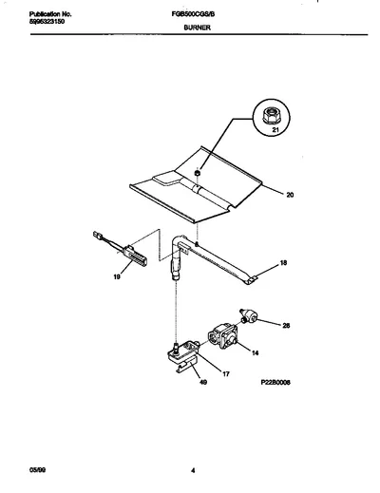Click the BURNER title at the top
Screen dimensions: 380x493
[x=197, y=28]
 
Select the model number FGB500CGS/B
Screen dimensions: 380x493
[x=193, y=14]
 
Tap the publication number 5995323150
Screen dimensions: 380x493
[x=47, y=22]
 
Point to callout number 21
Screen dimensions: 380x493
[x=275, y=129]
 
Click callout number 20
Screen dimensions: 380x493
[x=290, y=195]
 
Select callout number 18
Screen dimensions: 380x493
[x=283, y=262]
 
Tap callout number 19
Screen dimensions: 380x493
[x=117, y=277]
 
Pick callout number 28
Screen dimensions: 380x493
[x=286, y=325]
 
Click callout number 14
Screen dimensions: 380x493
[x=255, y=352]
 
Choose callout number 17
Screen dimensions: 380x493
[x=226, y=374]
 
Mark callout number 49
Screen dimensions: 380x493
[x=203, y=383]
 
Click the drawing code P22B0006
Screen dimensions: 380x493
[x=275, y=383]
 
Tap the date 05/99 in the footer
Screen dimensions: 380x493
[x=37, y=470]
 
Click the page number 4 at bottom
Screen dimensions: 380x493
[x=193, y=470]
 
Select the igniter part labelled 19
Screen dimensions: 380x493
[x=121, y=250]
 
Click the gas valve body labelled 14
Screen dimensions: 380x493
[x=222, y=336]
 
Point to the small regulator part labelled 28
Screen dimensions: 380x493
[x=249, y=316]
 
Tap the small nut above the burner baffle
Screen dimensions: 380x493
[x=197, y=173]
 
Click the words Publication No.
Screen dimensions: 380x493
[x=50, y=14]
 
